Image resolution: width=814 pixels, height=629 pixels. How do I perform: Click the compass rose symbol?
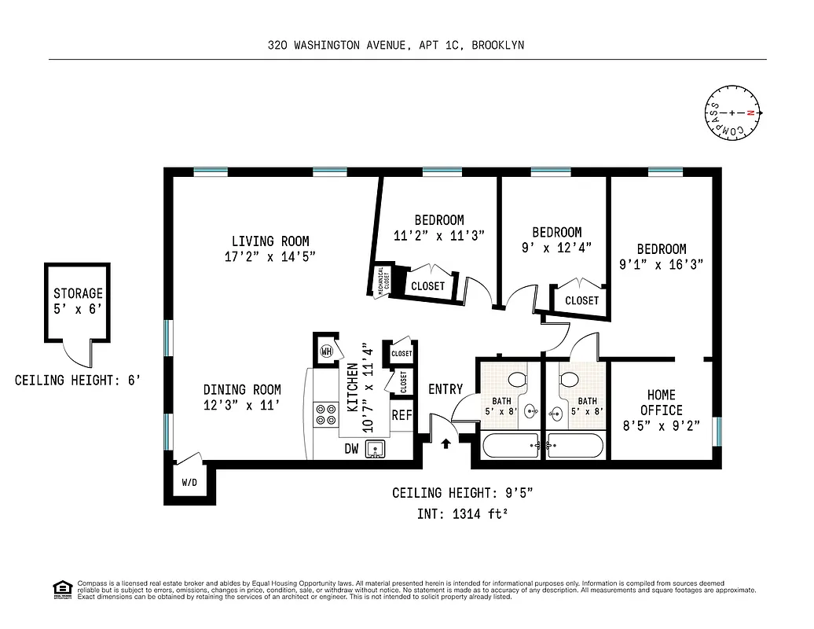pyautogui.click(x=732, y=113)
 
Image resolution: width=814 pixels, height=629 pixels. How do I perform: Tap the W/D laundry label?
pyautogui.click(x=189, y=482)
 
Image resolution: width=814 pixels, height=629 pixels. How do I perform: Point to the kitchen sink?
pyautogui.click(x=376, y=449)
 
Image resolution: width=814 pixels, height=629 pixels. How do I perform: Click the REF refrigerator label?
pyautogui.click(x=401, y=415)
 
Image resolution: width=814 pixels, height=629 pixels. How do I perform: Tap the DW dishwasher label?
pyautogui.click(x=352, y=449)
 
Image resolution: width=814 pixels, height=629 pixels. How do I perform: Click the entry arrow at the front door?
pyautogui.click(x=446, y=443)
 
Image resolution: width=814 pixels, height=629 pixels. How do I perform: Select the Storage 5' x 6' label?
pyautogui.click(x=78, y=301)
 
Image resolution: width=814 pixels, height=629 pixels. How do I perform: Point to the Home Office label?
pyautogui.click(x=661, y=403)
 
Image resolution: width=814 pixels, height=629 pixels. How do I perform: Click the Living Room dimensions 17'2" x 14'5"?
pyautogui.click(x=269, y=257)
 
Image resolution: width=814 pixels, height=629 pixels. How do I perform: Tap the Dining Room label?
pyautogui.click(x=241, y=390)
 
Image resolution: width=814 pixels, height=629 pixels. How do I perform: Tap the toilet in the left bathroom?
pyautogui.click(x=516, y=381)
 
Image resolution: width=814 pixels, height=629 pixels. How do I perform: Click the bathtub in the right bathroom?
pyautogui.click(x=575, y=446)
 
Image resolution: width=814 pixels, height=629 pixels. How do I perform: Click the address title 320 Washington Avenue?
pyautogui.click(x=395, y=46)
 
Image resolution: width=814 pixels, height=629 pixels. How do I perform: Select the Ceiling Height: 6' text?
pyautogui.click(x=78, y=381)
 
